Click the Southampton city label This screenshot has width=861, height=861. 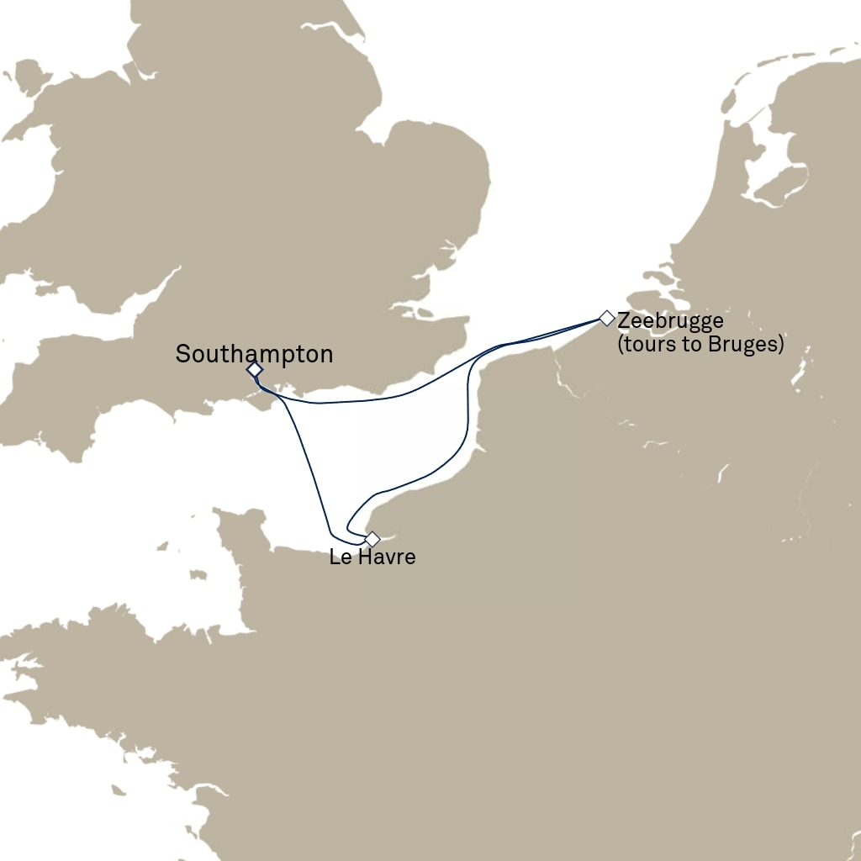[x=254, y=354]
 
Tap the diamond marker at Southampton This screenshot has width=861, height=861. [x=255, y=370]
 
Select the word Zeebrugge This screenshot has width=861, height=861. [x=670, y=321]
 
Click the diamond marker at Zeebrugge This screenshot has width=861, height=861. [x=606, y=318]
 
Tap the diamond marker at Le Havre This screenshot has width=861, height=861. [x=372, y=539]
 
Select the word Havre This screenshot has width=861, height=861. [x=384, y=557]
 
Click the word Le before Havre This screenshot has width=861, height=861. [x=340, y=557]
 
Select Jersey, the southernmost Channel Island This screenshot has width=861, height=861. [x=199, y=575]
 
